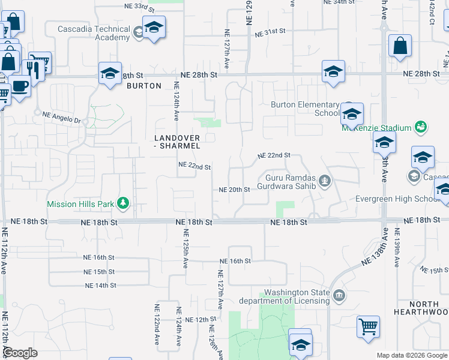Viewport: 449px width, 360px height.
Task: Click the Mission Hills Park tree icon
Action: (x=123, y=203)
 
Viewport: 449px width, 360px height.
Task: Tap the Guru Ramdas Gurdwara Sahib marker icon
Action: (x=325, y=181)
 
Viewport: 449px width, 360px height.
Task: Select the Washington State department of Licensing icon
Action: (x=339, y=295)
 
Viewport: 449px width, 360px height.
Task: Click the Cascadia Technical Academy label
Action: (x=94, y=33)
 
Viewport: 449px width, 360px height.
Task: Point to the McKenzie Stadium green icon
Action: (x=421, y=127)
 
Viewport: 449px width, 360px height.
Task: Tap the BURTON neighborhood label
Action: (x=144, y=86)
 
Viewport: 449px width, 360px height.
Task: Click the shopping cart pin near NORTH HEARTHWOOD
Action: (x=368, y=327)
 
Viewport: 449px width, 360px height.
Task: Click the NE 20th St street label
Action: (x=235, y=190)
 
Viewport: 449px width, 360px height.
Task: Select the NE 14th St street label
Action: (x=100, y=286)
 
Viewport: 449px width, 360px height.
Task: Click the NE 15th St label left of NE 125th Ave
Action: (x=100, y=272)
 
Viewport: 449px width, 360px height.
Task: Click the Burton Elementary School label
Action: (x=306, y=109)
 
